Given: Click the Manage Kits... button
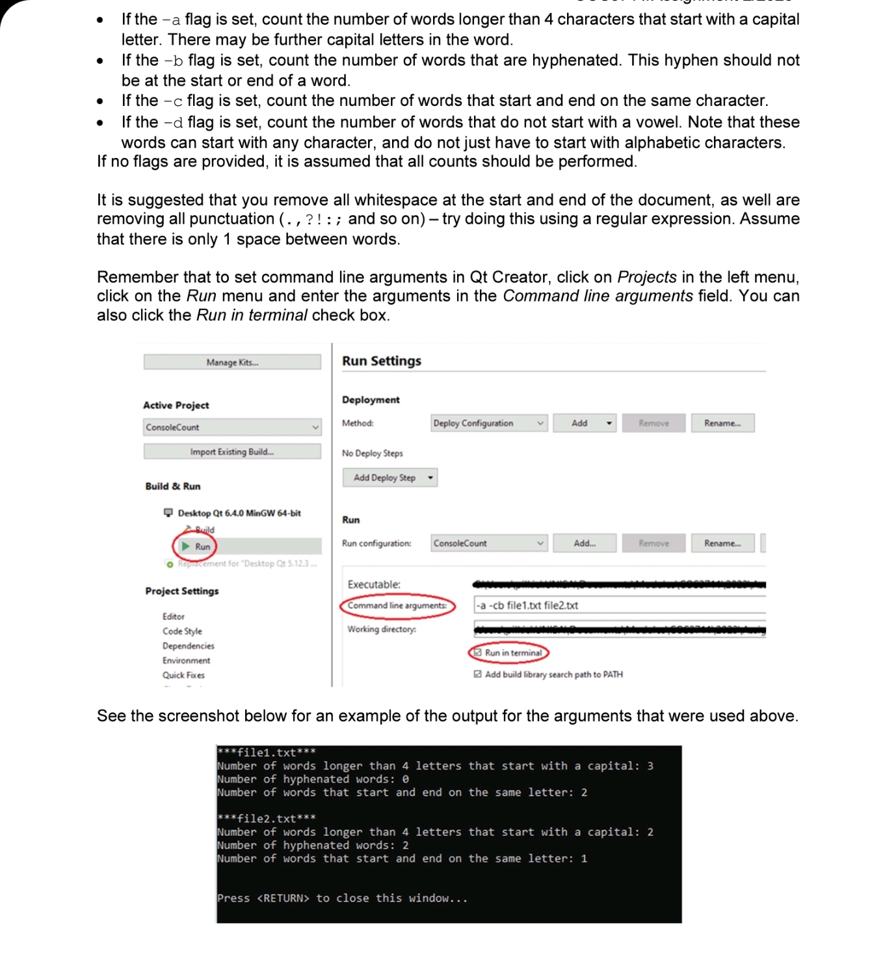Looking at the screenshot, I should (232, 362).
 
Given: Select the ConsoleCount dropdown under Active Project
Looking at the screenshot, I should (232, 427).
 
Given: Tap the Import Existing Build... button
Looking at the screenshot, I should (232, 452).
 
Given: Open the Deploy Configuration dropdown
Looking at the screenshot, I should (488, 423).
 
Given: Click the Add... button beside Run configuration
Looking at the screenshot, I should (584, 543).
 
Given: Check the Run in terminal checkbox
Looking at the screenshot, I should (478, 653).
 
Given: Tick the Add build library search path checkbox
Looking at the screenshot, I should (478, 675).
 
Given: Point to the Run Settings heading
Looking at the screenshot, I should (382, 361).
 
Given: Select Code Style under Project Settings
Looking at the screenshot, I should (182, 631).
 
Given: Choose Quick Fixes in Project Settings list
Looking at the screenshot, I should (183, 675).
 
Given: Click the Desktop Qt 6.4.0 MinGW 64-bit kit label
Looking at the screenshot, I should (239, 513).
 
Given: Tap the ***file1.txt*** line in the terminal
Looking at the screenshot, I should (267, 753).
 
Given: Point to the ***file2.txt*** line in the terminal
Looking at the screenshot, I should (267, 818).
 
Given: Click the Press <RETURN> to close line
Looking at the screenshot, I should (342, 898).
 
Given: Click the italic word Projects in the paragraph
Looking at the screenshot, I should (646, 277).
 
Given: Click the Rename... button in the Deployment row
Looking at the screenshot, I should (722, 423).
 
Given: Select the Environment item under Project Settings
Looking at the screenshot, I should (186, 660).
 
